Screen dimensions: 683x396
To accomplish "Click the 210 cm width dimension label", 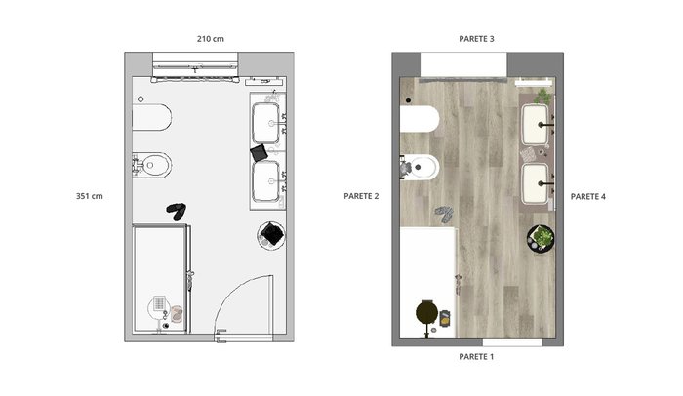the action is [211, 39].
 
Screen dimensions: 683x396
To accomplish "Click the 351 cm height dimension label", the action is [90, 196].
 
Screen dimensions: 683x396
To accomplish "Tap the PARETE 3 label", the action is [476, 39].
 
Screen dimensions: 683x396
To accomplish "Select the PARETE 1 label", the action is [476, 356].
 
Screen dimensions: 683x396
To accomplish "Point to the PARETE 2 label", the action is [361, 196].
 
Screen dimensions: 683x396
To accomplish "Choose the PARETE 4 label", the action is [588, 196].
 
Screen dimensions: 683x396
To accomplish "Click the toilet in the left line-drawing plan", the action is [151, 117].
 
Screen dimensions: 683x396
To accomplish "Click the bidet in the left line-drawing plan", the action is [151, 165].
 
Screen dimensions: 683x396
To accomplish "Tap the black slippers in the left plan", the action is [177, 211].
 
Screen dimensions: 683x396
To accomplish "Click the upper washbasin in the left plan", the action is [265, 123].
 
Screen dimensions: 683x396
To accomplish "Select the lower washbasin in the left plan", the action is [265, 181].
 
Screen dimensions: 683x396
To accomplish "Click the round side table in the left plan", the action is [271, 235].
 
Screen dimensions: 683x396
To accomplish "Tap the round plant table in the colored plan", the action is [541, 238].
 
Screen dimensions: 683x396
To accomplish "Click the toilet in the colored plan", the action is [420, 118].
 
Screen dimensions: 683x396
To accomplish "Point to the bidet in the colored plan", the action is [420, 167].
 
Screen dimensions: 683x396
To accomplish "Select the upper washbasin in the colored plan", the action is [535, 125].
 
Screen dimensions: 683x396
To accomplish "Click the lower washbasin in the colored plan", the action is [535, 183].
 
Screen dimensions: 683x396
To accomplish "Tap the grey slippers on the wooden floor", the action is [444, 214].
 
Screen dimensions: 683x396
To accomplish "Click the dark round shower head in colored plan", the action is [426, 312].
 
